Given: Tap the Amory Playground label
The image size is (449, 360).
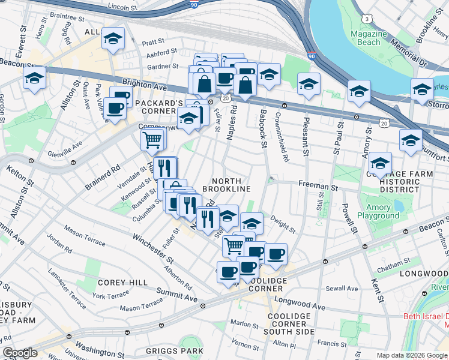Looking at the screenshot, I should tap(382, 211).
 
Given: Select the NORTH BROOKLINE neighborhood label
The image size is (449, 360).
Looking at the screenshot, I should tap(226, 185).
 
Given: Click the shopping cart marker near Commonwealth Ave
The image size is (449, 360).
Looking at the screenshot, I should tap(153, 140).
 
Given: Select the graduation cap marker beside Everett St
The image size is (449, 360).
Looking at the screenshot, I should tap(34, 79).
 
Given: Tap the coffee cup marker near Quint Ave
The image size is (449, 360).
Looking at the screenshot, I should tap(115, 109).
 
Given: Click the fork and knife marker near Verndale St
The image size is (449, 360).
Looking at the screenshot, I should tap(164, 167).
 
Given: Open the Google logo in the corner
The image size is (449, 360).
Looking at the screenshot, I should tap(20, 353).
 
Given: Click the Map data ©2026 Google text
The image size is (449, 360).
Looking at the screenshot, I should tap(412, 355).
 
